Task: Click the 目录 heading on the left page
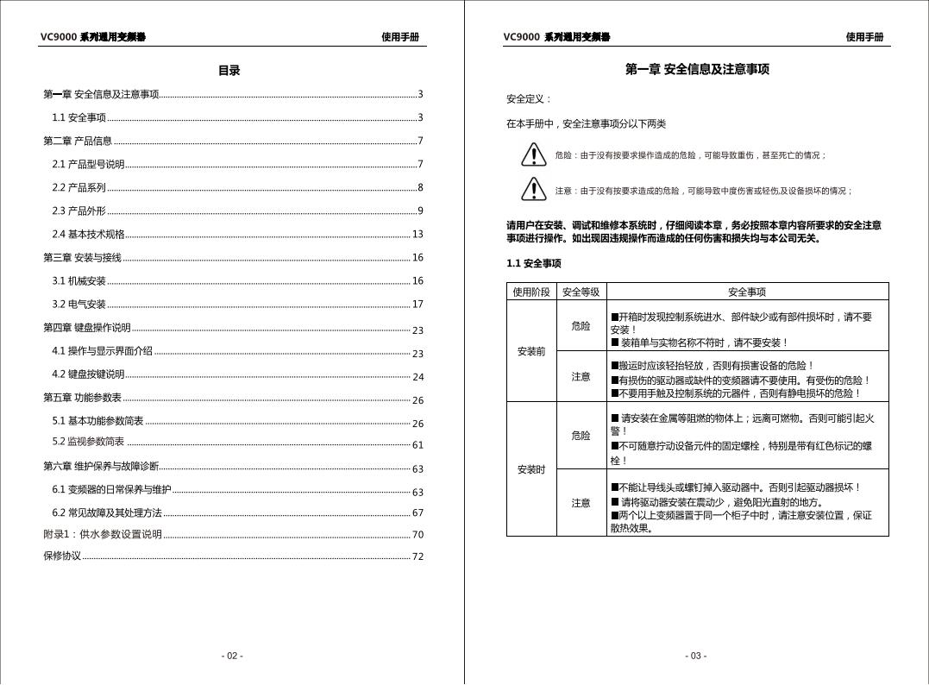coord(229,71)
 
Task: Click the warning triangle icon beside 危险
coord(534,154)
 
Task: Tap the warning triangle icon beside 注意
coord(534,189)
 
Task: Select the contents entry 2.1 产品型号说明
coord(88,164)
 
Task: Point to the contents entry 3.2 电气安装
coord(78,304)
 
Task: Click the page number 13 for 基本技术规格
coord(417,234)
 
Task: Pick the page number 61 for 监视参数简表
coord(417,445)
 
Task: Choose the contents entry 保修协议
coord(62,556)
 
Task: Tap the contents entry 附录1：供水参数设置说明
coord(103,534)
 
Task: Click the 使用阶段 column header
coord(531,292)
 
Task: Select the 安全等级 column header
coord(581,292)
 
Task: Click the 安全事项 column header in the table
coord(747,292)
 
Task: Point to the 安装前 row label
coord(531,351)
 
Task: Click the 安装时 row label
coord(531,469)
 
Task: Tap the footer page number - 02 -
coord(232,656)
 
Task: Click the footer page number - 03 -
coord(696,656)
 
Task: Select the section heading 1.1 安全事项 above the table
coord(533,264)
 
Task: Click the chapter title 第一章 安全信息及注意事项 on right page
coord(697,70)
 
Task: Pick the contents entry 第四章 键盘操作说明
coord(87,328)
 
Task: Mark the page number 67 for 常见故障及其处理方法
coord(417,512)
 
